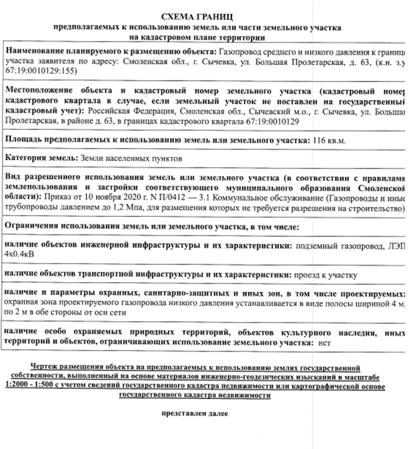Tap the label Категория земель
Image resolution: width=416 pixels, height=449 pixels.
click(x=41, y=158)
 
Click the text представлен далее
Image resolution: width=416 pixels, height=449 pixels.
click(x=194, y=414)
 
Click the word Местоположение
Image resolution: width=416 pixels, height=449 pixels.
click(x=40, y=87)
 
